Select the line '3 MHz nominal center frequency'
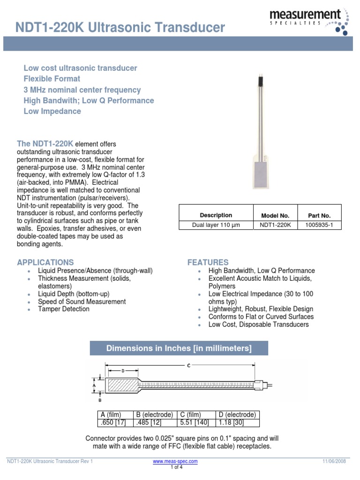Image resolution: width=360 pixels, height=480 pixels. tap(82, 90)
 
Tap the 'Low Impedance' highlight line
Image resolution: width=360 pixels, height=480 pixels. tap(52, 111)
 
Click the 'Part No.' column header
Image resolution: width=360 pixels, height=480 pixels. tap(319, 216)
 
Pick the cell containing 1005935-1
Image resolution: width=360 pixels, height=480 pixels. tap(319, 225)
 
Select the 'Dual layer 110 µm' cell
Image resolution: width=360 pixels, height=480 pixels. tap(216, 225)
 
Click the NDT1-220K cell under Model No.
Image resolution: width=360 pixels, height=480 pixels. tap(275, 225)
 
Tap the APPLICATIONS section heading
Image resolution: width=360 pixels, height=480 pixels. tap(45, 262)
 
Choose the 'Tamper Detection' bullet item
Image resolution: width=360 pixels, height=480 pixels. tap(64, 309)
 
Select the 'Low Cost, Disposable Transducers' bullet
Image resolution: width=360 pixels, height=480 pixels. tap(259, 324)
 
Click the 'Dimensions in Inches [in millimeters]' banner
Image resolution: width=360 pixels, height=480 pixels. tap(179, 348)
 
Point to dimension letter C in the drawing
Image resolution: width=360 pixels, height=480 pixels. tap(188, 366)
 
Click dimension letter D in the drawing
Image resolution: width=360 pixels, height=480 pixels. tap(123, 371)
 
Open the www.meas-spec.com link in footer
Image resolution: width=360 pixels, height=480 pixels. tap(175, 461)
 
